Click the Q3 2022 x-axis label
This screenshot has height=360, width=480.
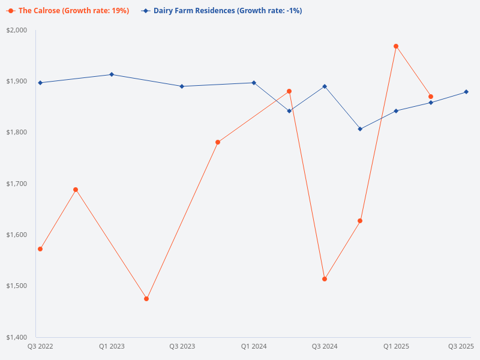[x=40, y=346]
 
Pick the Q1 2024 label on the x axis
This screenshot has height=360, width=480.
[x=254, y=346]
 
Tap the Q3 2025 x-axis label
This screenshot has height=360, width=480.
[x=461, y=346]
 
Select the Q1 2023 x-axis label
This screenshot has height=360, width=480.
[x=112, y=346]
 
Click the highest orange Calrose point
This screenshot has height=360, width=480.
[x=396, y=46]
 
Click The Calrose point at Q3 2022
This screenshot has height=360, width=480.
[x=40, y=249]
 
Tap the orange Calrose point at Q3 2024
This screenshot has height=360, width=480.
[x=325, y=279]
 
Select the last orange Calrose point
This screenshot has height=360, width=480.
[x=431, y=97]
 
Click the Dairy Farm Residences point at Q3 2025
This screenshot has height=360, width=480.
[x=466, y=92]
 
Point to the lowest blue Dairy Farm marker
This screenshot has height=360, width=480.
[x=360, y=129]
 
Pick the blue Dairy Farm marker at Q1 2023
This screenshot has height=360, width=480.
[x=112, y=74]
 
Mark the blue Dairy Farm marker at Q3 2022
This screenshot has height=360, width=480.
[x=40, y=83]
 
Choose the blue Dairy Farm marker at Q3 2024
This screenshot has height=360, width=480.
[x=325, y=86]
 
